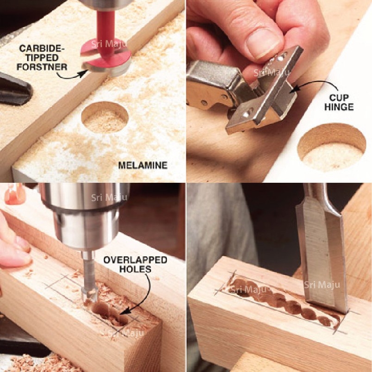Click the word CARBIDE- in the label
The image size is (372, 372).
pyautogui.click(x=41, y=48)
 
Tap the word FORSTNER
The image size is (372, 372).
pyautogui.click(x=42, y=67)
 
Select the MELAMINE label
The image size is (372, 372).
pyautogui.click(x=143, y=165)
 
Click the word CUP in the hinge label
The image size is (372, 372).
pyautogui.click(x=339, y=98)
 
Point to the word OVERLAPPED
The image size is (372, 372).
pyautogui.click(x=135, y=260)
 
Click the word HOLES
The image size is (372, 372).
pyautogui.click(x=135, y=269)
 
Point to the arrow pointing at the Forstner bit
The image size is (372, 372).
pyautogui.click(x=71, y=75)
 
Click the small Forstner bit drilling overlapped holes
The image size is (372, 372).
pyautogui.click(x=89, y=278)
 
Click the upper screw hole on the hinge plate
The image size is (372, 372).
pyautogui.click(x=281, y=58)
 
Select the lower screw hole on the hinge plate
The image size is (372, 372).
pyautogui.click(x=246, y=114)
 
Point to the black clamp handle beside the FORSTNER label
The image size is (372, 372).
pyautogui.click(x=15, y=89)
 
